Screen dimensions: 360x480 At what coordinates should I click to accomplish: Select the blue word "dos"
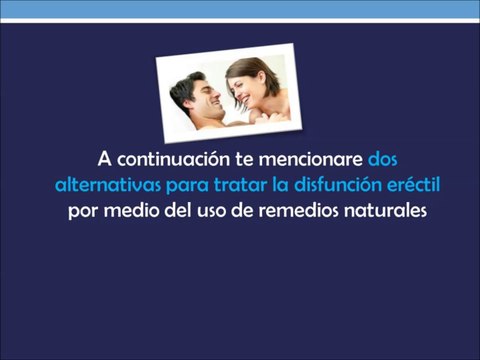point(383,160)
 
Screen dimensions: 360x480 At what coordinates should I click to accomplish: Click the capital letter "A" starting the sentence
point(105,160)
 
